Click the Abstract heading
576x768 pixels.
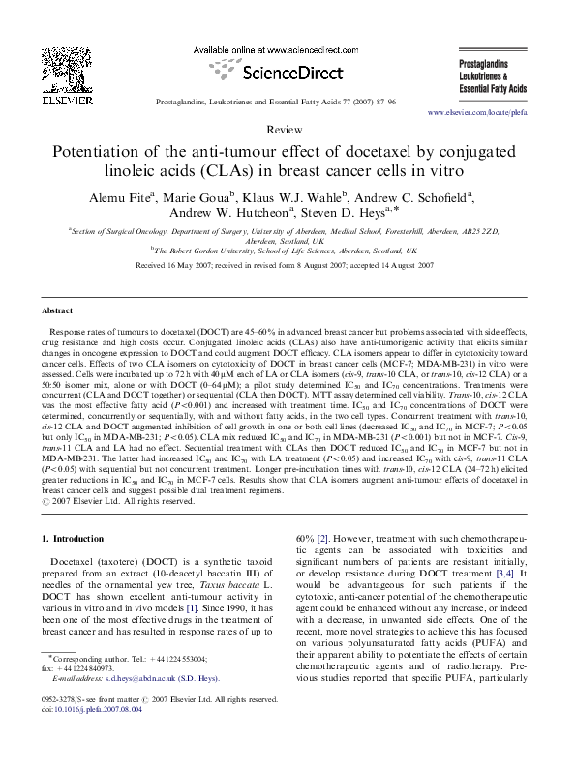(58, 311)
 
